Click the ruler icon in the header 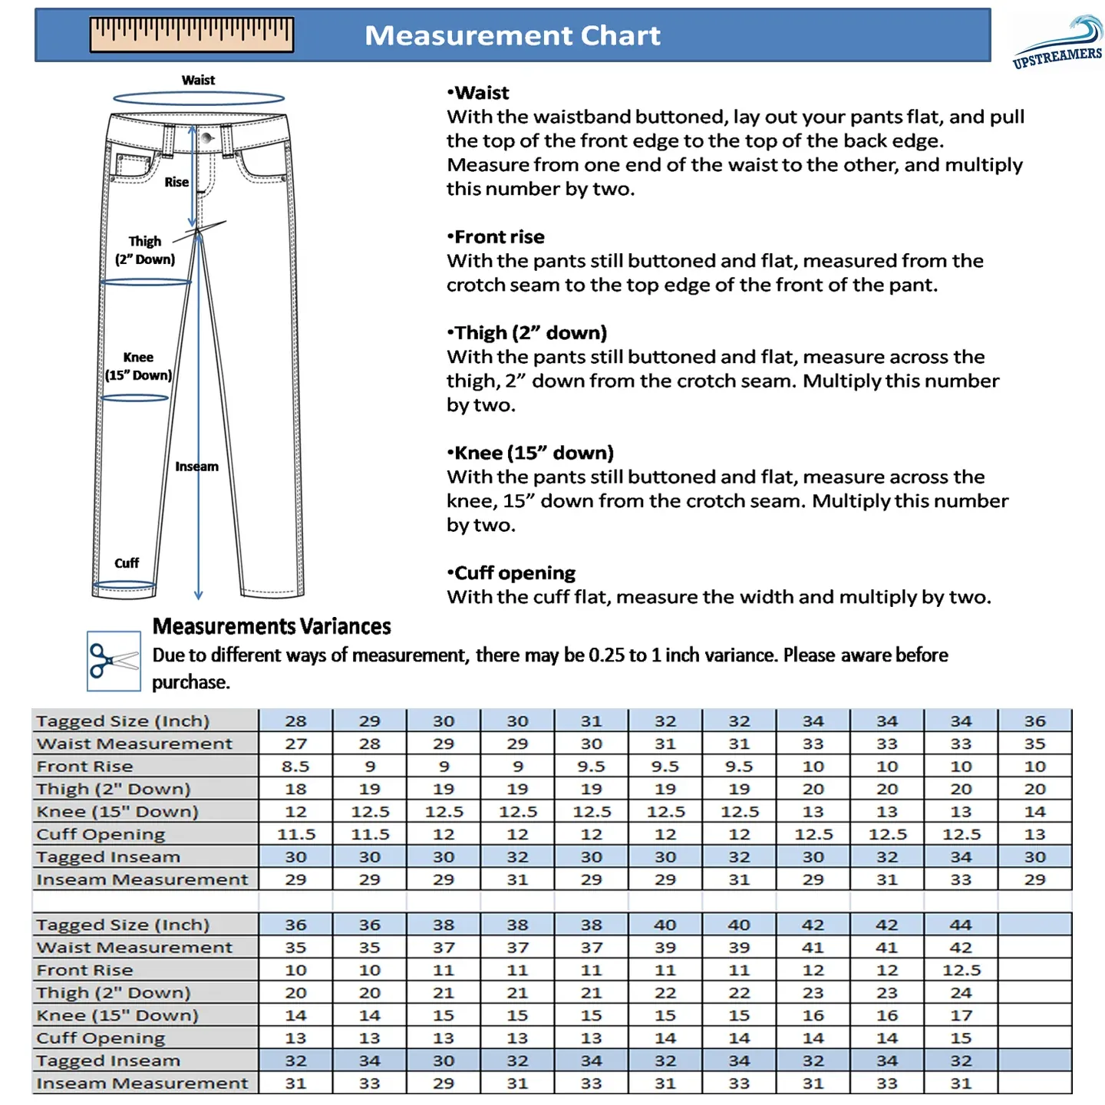[x=192, y=35]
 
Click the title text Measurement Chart [x=512, y=35]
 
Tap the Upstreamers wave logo [x=1059, y=42]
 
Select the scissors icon [x=114, y=661]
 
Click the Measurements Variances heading [x=272, y=626]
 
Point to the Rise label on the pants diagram [x=176, y=182]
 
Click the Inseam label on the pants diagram [x=196, y=466]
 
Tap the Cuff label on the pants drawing [x=127, y=562]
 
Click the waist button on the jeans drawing [x=206, y=138]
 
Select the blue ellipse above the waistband [x=199, y=98]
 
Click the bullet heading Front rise [x=499, y=236]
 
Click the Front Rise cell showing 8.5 [x=295, y=766]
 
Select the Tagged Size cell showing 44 [x=961, y=925]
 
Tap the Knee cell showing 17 [x=961, y=1015]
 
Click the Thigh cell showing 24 [x=961, y=993]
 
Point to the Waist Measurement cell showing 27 [x=295, y=744]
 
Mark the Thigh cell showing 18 [x=295, y=789]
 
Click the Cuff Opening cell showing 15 [x=961, y=1038]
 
